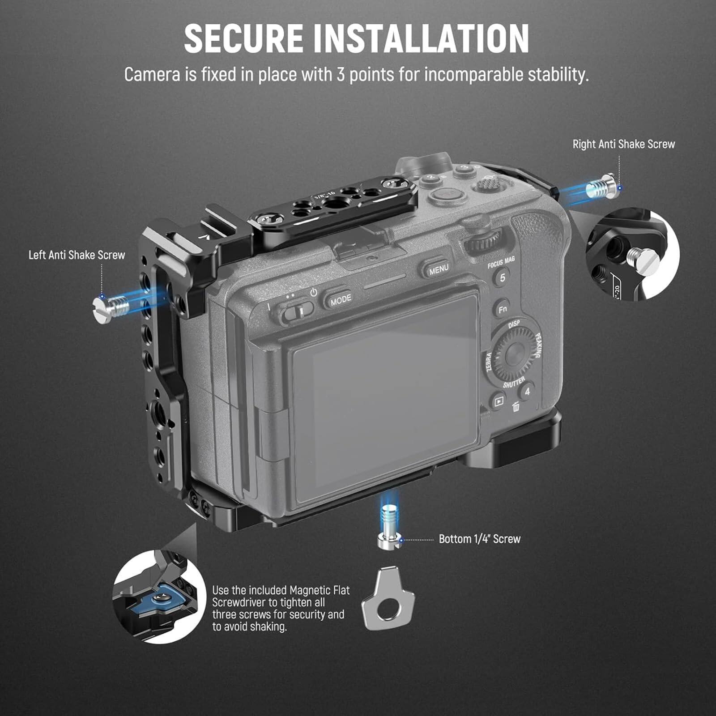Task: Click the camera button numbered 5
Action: pyautogui.click(x=502, y=278)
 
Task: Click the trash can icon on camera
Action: pyautogui.click(x=516, y=407)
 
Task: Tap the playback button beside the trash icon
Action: pyautogui.click(x=498, y=401)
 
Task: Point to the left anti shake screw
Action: pyautogui.click(x=111, y=308)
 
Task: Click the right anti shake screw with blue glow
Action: pyautogui.click(x=601, y=187)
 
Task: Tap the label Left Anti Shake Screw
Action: pyautogui.click(x=77, y=255)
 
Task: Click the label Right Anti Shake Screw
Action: pyautogui.click(x=623, y=144)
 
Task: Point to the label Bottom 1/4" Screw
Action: pyautogui.click(x=479, y=539)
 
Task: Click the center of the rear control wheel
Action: pyautogui.click(x=513, y=354)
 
